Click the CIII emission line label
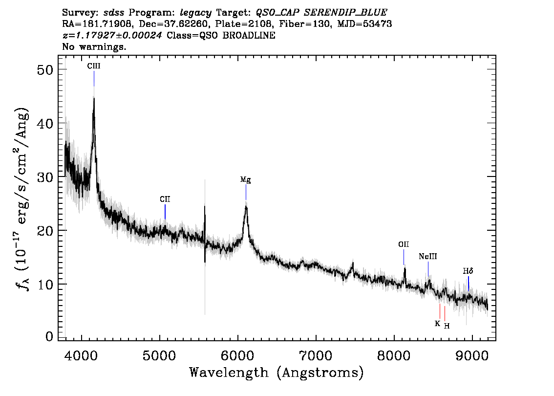click(x=94, y=66)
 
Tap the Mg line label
click(x=246, y=179)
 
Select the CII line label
click(x=165, y=199)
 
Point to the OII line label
click(x=404, y=244)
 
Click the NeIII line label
click(x=428, y=256)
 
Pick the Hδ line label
click(x=468, y=271)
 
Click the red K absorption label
click(x=437, y=324)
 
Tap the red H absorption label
click(x=447, y=326)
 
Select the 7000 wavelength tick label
click(x=315, y=355)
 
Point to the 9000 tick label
click(x=471, y=355)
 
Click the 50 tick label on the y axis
click(x=45, y=69)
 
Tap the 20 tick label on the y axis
click(x=45, y=231)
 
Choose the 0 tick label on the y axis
click(x=49, y=336)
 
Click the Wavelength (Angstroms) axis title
click(x=277, y=373)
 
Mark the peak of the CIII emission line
click(x=94, y=98)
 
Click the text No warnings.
click(x=94, y=46)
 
